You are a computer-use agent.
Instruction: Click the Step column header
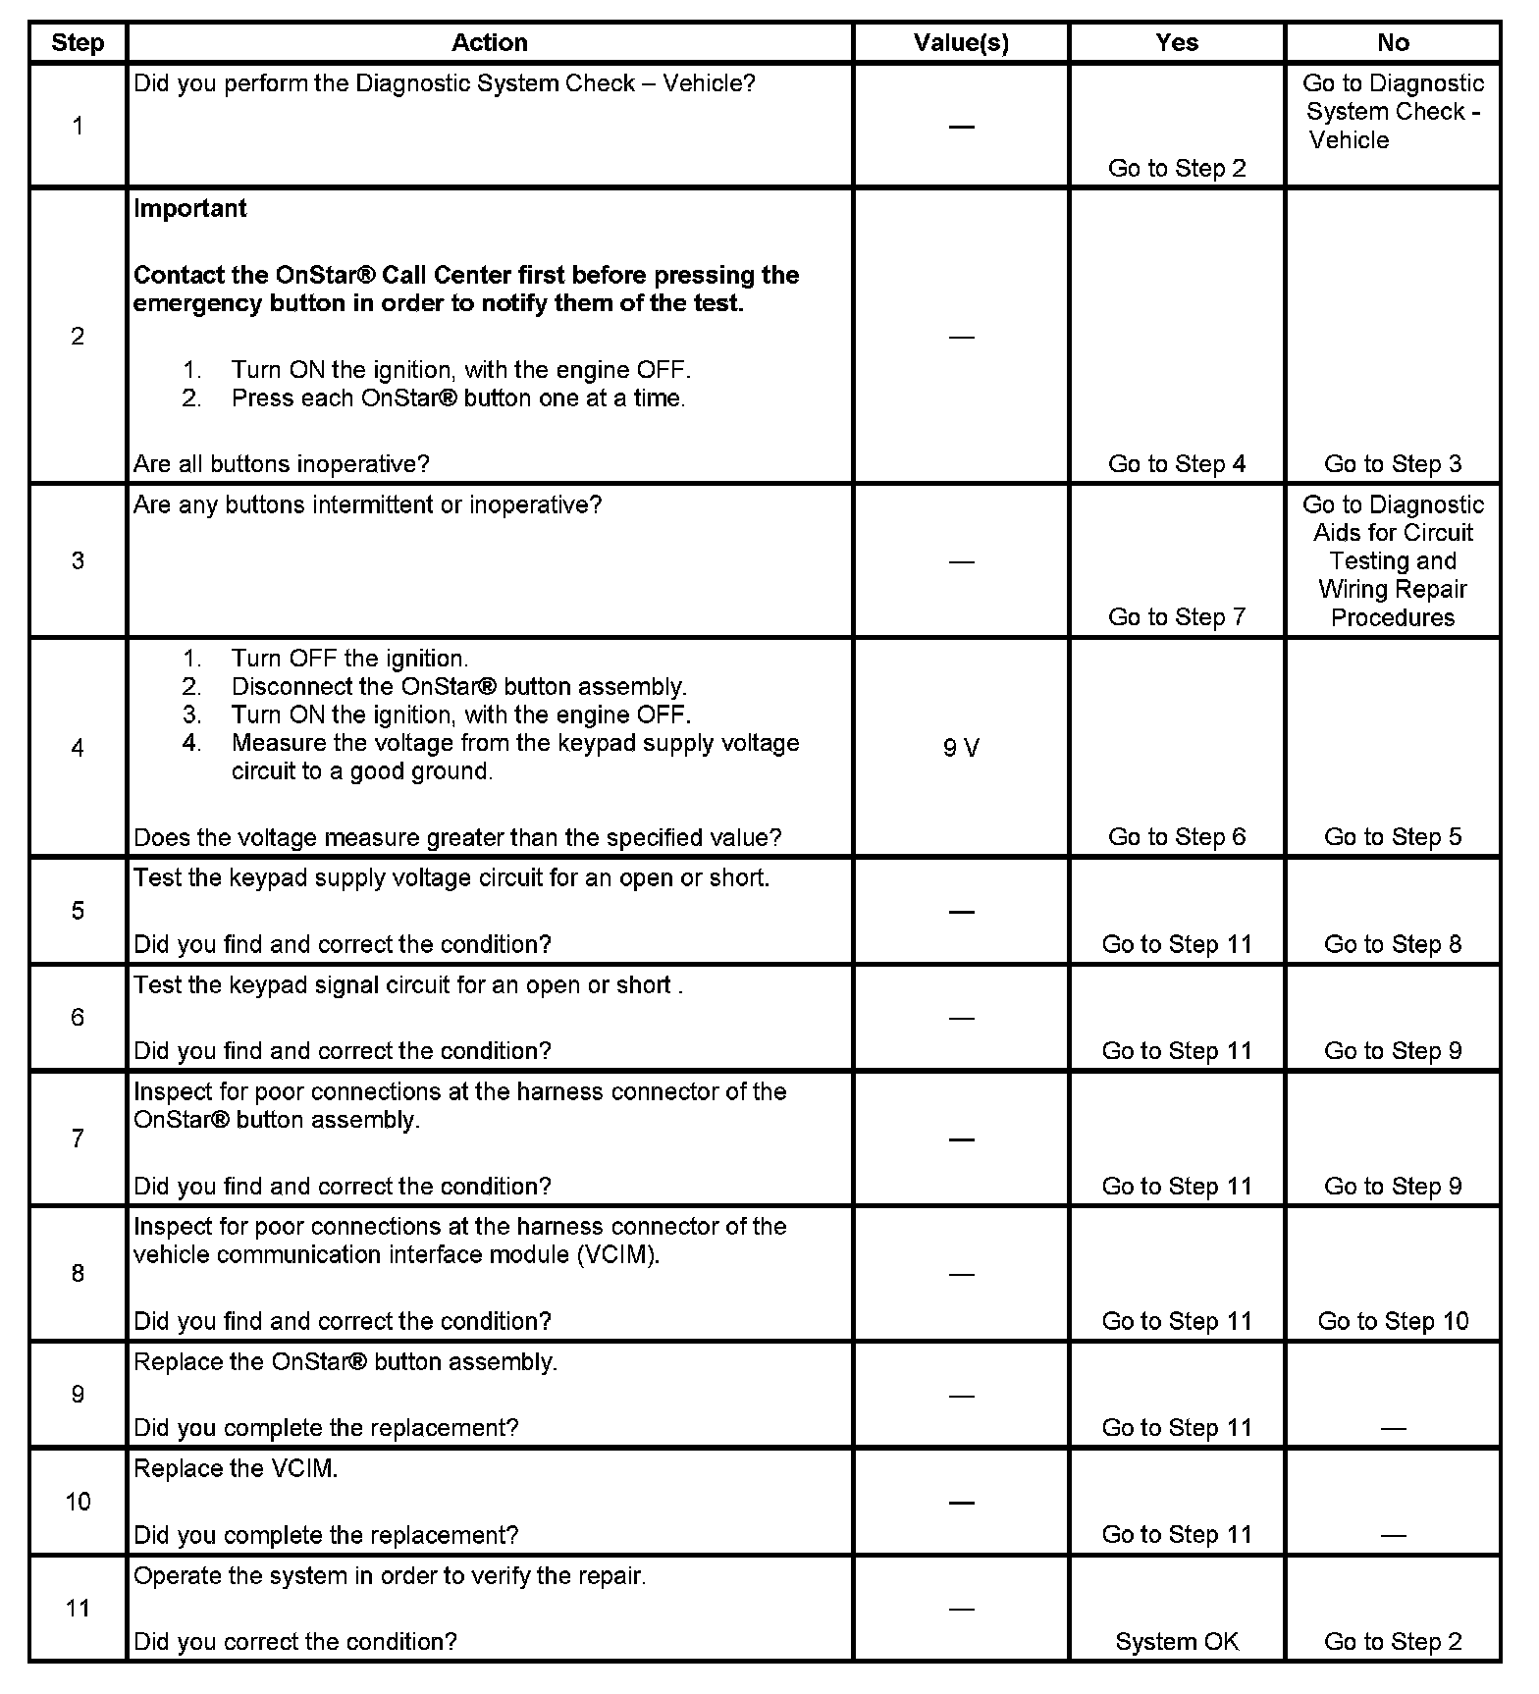point(78,42)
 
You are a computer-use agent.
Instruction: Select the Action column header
point(489,42)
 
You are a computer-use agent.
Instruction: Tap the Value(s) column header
point(961,42)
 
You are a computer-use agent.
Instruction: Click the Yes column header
point(1177,42)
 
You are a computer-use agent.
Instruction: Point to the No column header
point(1393,42)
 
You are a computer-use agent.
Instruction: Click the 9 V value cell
point(961,748)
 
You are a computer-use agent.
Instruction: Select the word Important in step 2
point(190,208)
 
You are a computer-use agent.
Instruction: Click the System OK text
point(1177,1641)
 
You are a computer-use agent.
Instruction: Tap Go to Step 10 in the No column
point(1393,1320)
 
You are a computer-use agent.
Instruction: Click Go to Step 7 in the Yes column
point(1177,616)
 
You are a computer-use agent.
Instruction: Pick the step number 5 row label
point(78,910)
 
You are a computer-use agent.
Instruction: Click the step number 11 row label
point(78,1608)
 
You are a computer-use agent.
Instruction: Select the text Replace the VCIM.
point(236,1468)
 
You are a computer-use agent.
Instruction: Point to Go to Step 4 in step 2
point(1177,463)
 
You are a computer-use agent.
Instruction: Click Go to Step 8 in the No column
point(1393,943)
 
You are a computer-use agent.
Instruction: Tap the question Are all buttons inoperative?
point(282,463)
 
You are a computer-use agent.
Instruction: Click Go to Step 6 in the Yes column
point(1177,836)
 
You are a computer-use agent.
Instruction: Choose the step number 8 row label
point(78,1273)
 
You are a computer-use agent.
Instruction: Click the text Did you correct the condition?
point(295,1641)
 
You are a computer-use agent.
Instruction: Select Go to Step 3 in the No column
point(1393,463)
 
